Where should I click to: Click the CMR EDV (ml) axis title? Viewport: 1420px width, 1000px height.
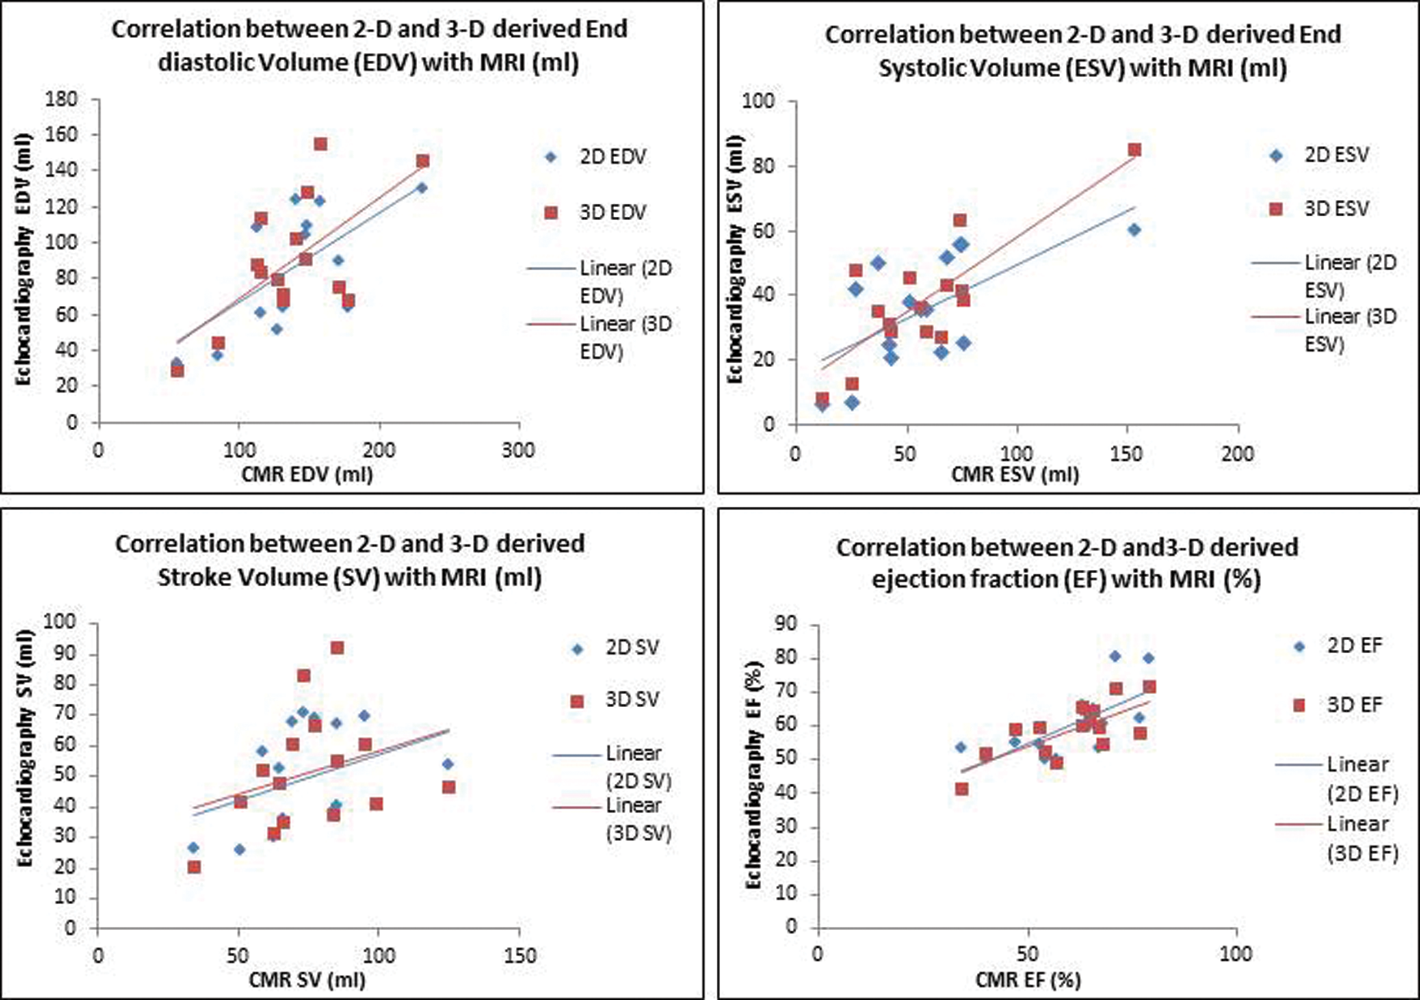(x=307, y=474)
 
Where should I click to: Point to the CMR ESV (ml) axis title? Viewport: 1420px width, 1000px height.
(x=1015, y=474)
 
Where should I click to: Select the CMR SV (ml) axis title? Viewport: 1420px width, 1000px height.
(x=307, y=980)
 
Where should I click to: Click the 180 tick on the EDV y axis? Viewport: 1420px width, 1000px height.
(x=61, y=99)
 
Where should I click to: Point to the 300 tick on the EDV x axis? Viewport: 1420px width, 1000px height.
(x=518, y=451)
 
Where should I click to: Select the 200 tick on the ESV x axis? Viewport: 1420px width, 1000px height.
(x=1237, y=454)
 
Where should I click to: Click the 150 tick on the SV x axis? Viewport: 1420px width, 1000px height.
(x=519, y=956)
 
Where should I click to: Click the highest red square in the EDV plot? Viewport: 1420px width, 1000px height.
(x=321, y=145)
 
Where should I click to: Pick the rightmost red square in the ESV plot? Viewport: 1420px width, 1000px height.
(x=1134, y=150)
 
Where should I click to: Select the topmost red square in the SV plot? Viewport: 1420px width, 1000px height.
(x=337, y=648)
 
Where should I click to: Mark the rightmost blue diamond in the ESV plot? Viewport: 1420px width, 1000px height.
(x=1134, y=230)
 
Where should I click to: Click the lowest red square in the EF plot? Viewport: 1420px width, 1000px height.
(x=962, y=789)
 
